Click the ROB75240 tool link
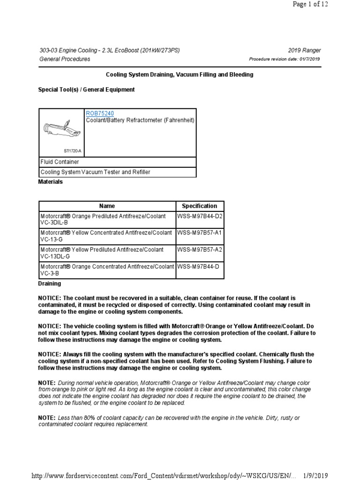point(99,113)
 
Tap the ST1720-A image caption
point(72,151)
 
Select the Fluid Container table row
point(117,162)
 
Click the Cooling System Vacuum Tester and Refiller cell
point(117,172)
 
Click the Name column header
point(107,206)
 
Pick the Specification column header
point(200,206)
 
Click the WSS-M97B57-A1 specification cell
point(200,232)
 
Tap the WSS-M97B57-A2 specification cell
point(200,249)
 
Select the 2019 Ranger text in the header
point(306,51)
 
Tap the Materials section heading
point(50,182)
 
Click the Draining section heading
point(49,284)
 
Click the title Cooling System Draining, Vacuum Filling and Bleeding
point(180,75)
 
